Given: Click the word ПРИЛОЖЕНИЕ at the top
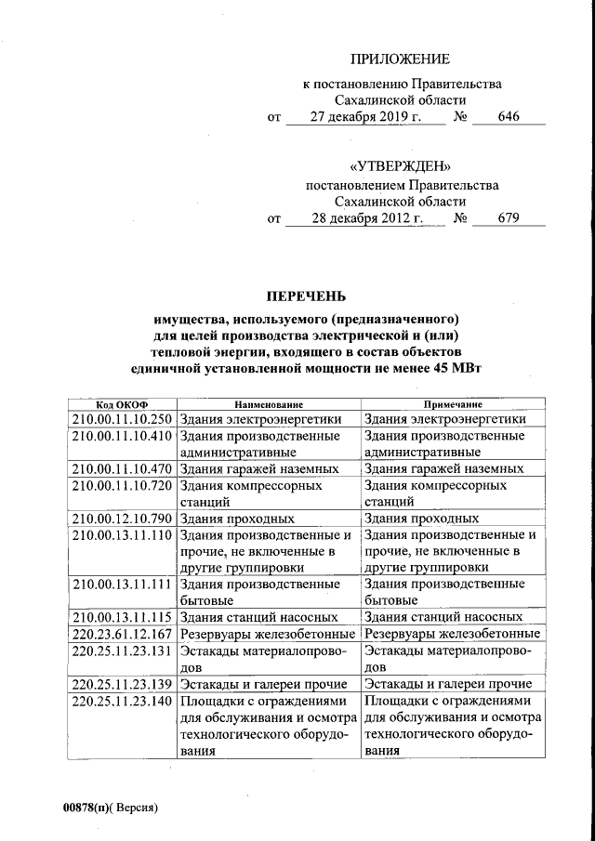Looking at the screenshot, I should pos(404,59).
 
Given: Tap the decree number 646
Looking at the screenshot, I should pos(508,117).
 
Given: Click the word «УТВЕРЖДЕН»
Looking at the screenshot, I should pos(402,166).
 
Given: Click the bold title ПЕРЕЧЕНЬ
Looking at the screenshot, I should pos(306,296).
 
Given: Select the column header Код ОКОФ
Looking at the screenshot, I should pos(121,405).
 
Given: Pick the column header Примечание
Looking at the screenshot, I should pos(453,405).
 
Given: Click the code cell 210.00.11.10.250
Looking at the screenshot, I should pos(122,419).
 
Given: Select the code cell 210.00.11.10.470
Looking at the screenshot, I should pos(122,469).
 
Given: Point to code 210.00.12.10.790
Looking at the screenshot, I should pos(122,519).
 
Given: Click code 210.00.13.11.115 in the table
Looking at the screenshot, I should pos(122,617).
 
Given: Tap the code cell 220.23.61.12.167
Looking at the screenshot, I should pos(122,634).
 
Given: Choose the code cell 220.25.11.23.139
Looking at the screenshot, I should pos(122,684).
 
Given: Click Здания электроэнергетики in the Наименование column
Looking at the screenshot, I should pos(262,419).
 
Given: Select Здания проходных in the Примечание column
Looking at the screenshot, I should pos(422,519).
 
